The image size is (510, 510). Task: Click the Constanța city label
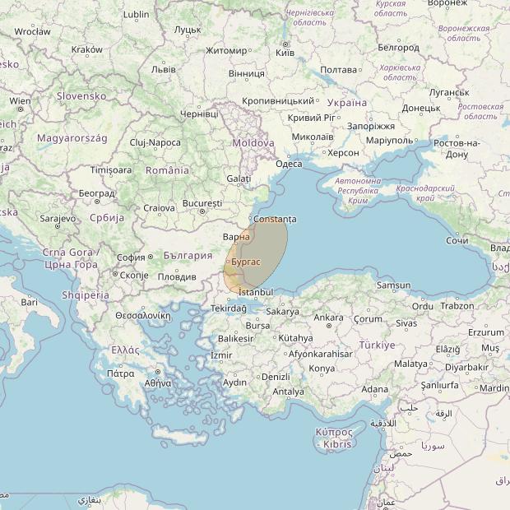276,220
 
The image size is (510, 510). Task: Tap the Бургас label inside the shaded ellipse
246,261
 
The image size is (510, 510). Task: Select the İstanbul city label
255,292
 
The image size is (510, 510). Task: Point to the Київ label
285,52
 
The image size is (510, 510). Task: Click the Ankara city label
328,318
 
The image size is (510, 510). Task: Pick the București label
202,202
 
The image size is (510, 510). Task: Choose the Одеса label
289,164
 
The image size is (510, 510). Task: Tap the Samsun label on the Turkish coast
393,285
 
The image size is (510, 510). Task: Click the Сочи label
457,240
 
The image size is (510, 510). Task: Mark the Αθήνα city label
158,383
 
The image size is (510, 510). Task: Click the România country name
167,170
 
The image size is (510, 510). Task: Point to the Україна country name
347,103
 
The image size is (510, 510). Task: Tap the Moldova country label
253,142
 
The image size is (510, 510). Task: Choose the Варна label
236,237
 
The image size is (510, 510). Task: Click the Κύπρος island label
334,432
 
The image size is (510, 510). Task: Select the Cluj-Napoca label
155,142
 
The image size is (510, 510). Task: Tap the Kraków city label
87,49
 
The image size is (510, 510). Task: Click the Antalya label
288,392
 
